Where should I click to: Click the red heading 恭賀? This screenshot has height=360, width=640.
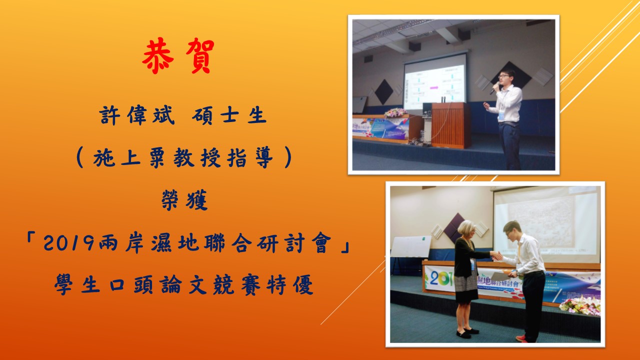178,56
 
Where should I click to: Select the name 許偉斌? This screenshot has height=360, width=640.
137,115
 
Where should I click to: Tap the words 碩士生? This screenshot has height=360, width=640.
229,115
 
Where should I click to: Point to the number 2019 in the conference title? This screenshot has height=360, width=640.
68,243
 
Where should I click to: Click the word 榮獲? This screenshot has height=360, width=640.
184,199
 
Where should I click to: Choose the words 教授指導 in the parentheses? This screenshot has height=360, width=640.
223,157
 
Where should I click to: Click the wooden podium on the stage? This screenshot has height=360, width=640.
450,124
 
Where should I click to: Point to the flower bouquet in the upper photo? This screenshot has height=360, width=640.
395,112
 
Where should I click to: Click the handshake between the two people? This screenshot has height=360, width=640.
497,255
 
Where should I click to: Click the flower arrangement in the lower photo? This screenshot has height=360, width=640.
579,305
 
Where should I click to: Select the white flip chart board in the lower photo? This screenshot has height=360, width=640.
411,246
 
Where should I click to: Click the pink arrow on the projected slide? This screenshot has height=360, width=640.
434,87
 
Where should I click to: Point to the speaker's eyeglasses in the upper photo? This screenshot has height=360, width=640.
504,76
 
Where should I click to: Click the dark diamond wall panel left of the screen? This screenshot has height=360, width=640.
383,91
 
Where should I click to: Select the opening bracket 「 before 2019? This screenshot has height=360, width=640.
31,238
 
